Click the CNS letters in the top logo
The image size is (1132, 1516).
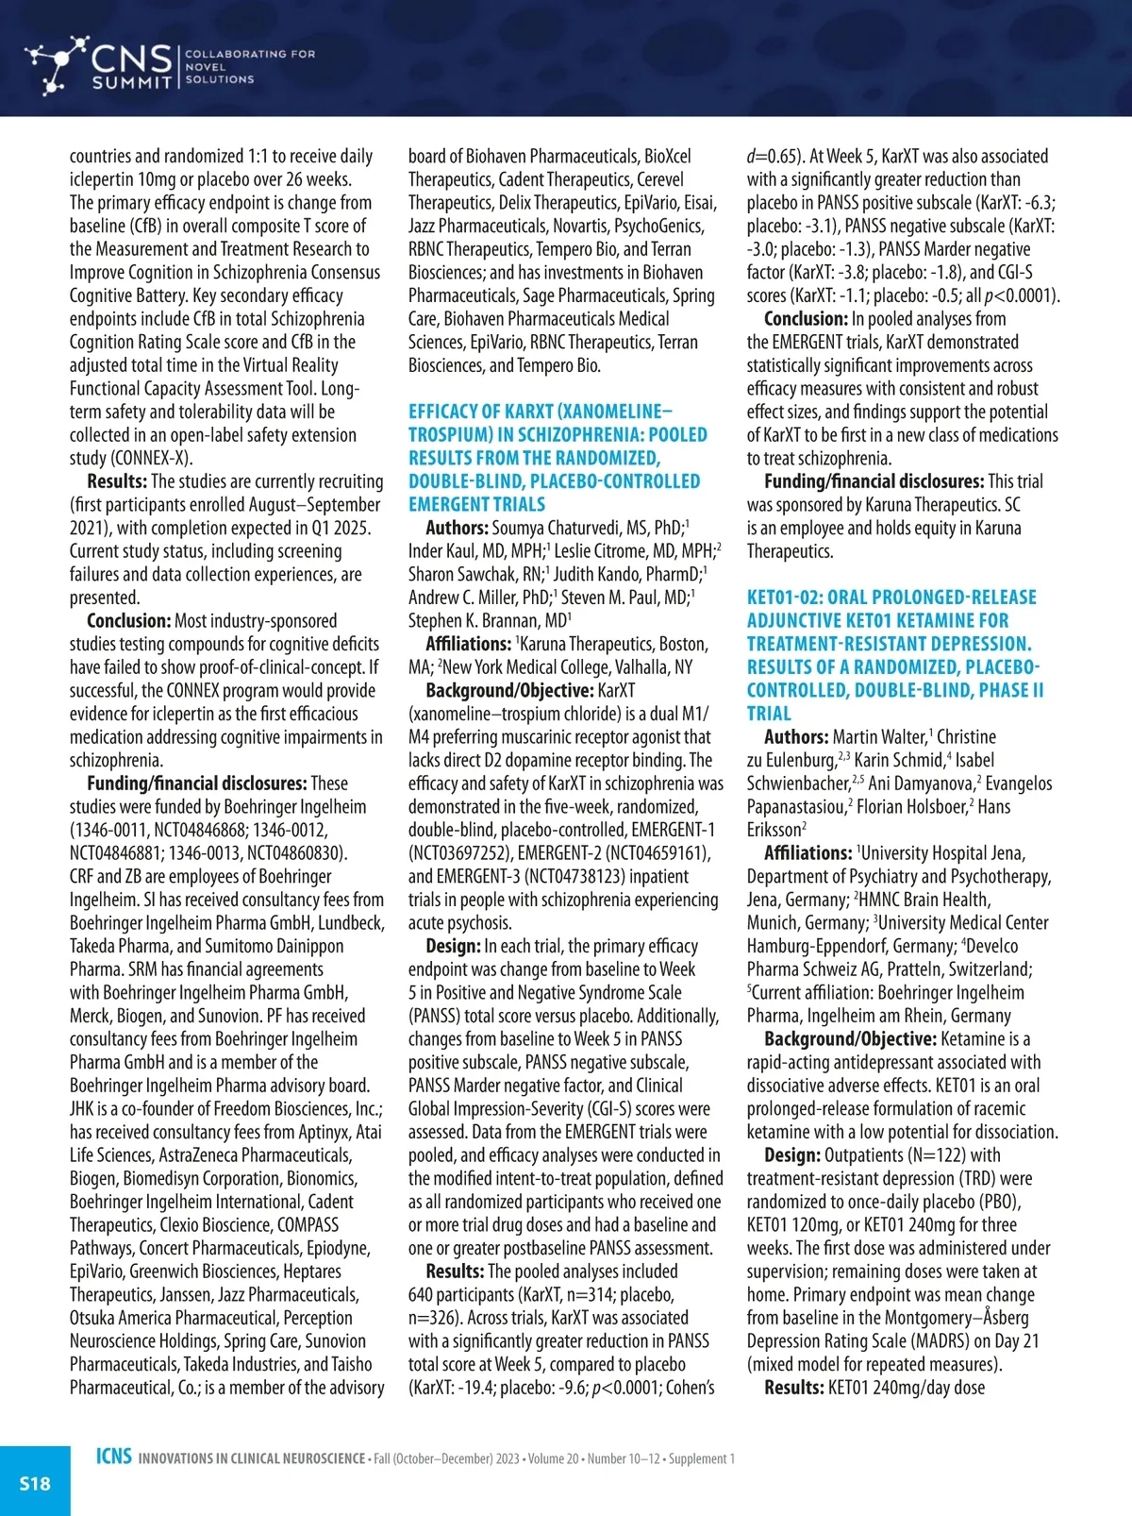click(131, 59)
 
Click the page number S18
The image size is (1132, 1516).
click(35, 1483)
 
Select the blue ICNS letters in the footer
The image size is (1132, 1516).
click(113, 1457)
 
